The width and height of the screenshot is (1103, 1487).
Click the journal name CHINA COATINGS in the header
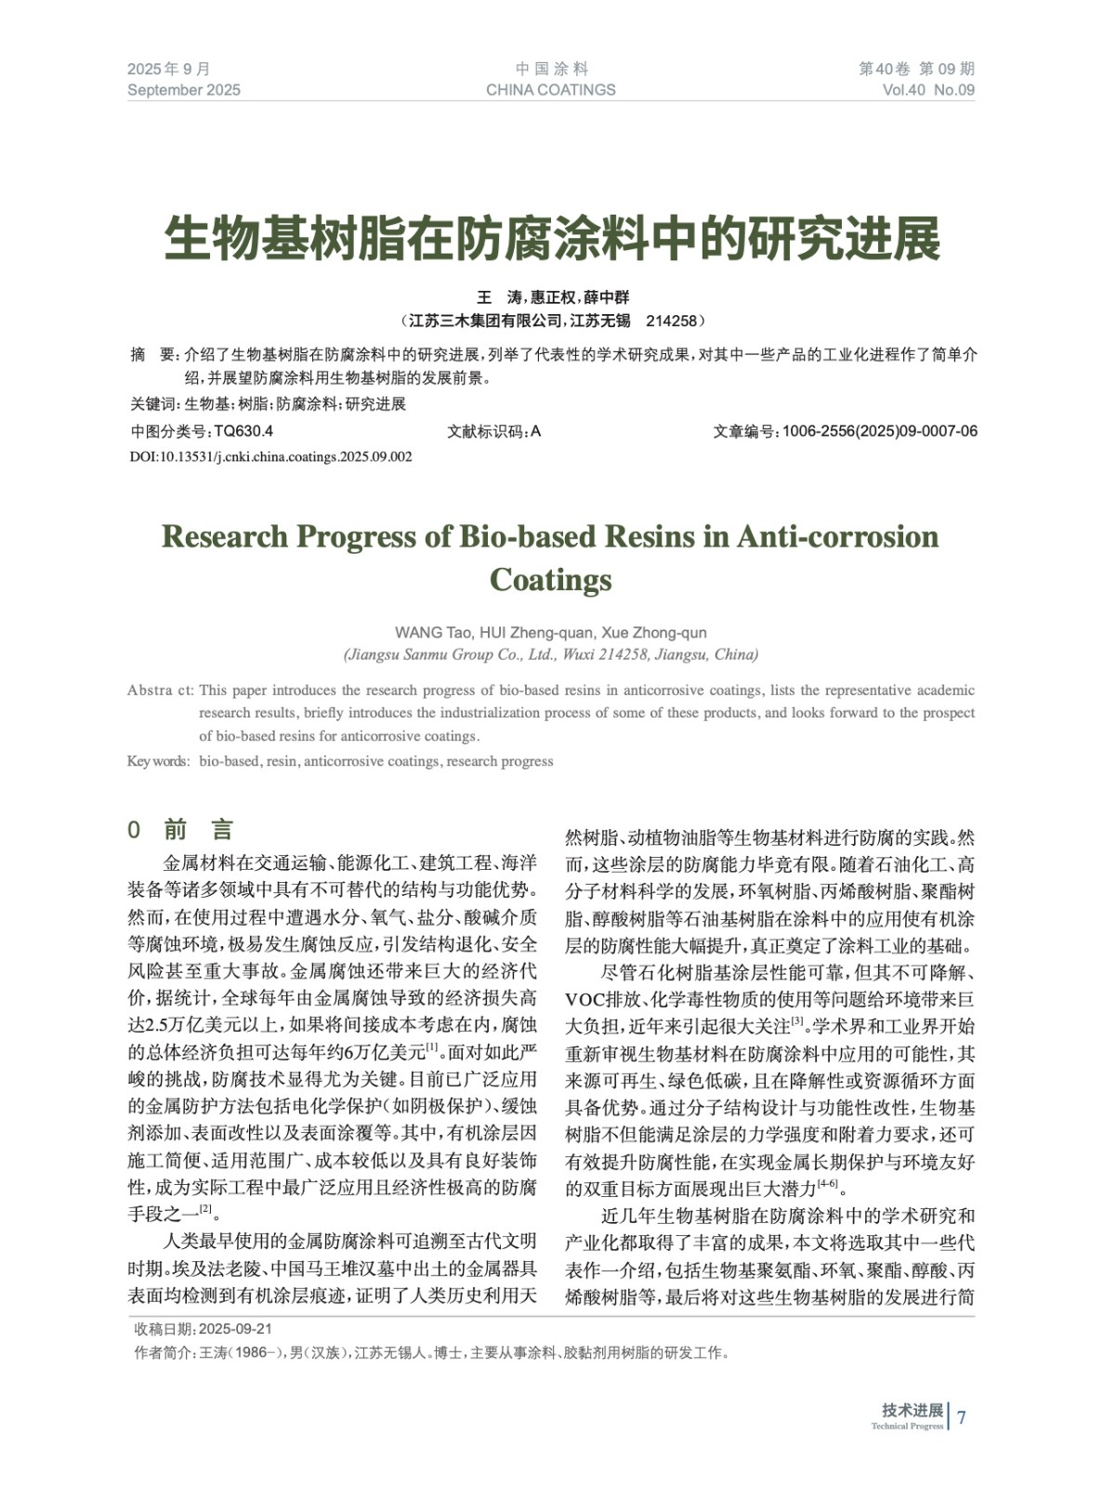coord(550,90)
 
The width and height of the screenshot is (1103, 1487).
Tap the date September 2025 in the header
coord(184,90)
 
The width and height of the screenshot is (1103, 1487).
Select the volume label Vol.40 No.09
coord(928,90)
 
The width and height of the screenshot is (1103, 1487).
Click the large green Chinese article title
coord(552,239)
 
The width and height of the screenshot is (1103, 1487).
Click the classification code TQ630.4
coord(243,431)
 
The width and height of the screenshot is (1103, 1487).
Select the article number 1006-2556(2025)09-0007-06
coord(879,431)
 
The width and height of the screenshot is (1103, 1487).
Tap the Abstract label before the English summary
coord(160,691)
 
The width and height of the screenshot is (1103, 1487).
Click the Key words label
coord(158,761)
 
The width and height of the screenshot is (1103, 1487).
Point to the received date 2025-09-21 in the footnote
coord(235,1329)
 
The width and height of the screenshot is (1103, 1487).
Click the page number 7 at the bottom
coord(962,1417)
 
